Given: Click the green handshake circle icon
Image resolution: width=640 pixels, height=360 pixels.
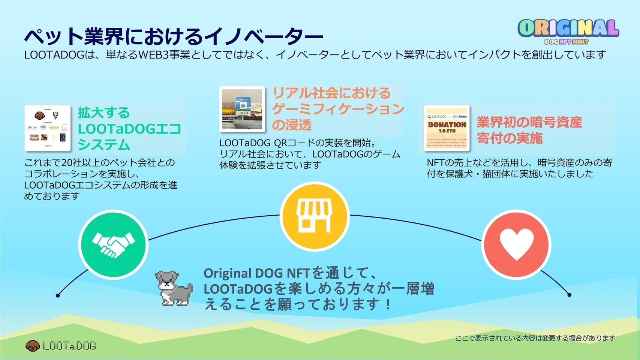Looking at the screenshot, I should [113, 244].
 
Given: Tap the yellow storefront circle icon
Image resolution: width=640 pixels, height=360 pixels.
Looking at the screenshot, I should [315, 216].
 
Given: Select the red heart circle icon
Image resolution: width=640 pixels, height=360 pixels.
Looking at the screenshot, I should [516, 244].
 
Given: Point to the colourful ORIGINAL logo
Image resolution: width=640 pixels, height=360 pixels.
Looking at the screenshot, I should [568, 28].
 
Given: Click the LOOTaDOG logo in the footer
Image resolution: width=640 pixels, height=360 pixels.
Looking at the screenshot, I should [69, 346].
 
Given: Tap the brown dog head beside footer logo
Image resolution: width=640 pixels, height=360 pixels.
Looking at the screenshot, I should [33, 346].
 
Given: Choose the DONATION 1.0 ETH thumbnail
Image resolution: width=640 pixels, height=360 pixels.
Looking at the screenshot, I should [447, 128].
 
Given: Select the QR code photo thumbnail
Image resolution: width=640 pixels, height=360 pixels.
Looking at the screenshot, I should [242, 109].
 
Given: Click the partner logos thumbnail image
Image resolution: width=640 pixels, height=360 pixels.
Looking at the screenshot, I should [48, 128].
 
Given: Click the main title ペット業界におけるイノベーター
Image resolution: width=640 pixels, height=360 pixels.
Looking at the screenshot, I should [173, 37].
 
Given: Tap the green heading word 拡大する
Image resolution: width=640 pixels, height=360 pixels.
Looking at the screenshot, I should [103, 113].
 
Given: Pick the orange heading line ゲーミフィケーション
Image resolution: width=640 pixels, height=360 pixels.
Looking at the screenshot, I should [338, 109].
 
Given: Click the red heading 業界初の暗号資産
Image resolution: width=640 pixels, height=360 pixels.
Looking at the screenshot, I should [529, 122].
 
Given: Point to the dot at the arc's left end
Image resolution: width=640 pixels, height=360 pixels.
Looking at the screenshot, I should [58, 295].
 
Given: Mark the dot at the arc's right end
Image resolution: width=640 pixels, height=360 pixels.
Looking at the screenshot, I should [569, 295].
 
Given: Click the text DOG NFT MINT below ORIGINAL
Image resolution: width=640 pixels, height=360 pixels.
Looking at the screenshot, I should [566, 42].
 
